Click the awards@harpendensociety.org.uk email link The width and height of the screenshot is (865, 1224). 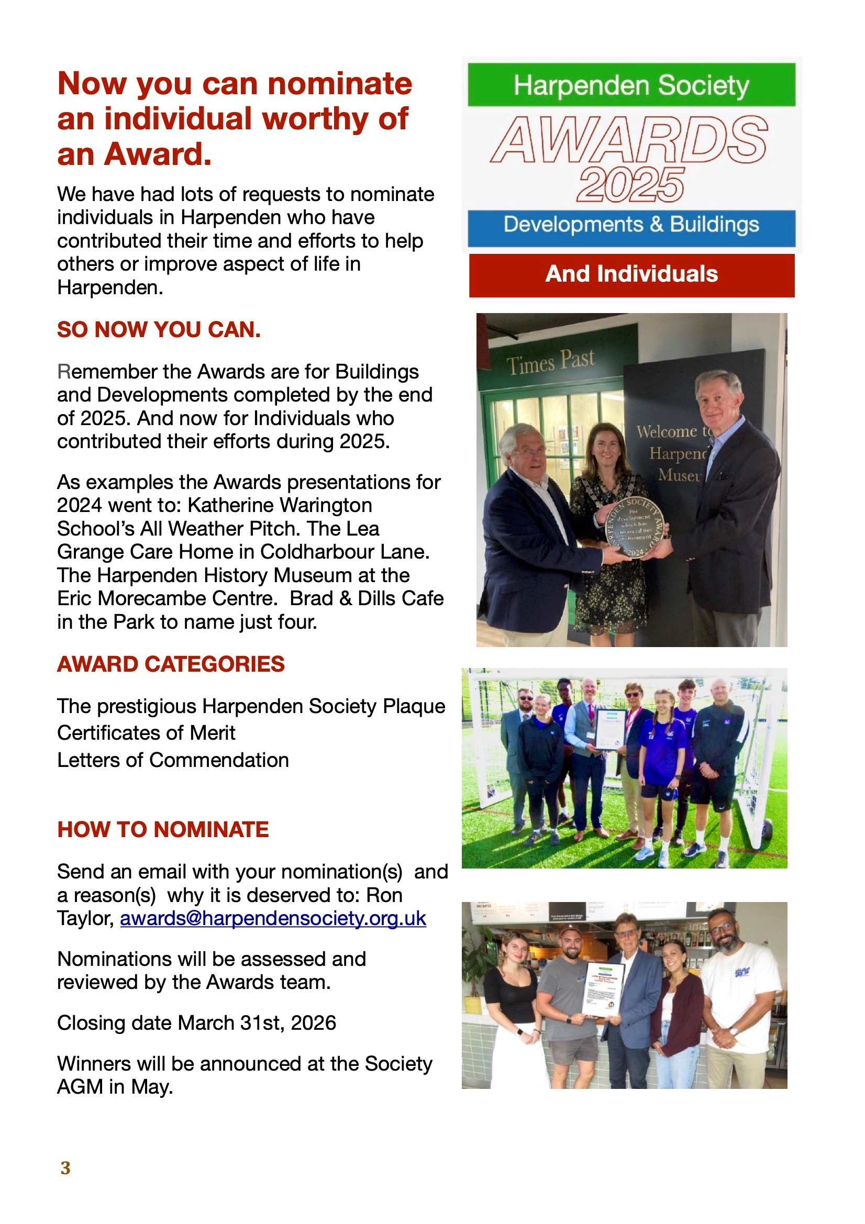click(x=272, y=918)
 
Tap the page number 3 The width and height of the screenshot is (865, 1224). click(x=65, y=1168)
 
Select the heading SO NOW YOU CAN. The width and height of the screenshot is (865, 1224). click(x=158, y=329)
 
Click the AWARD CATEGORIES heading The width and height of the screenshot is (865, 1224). click(x=171, y=664)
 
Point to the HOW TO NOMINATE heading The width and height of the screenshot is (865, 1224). click(x=163, y=829)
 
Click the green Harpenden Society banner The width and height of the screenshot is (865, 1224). click(x=631, y=85)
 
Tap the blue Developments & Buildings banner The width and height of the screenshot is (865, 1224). click(x=631, y=225)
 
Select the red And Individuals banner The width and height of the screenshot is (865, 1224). click(x=631, y=274)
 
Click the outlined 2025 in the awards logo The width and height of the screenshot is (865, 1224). click(x=630, y=185)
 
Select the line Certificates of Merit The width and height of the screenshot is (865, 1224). click(x=146, y=733)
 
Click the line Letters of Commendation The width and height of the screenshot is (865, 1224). click(x=173, y=760)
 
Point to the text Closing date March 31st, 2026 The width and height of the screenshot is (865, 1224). click(x=196, y=1023)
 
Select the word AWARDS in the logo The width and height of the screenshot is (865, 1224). click(x=630, y=140)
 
